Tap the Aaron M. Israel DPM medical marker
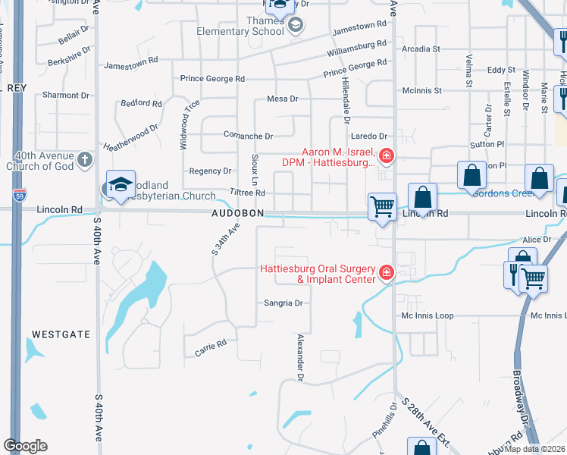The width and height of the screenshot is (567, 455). pyautogui.click(x=386, y=156)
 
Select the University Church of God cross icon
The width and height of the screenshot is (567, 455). pyautogui.click(x=84, y=160)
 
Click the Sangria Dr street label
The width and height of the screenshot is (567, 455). pyautogui.click(x=283, y=303)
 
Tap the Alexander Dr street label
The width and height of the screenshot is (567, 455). pyautogui.click(x=301, y=356)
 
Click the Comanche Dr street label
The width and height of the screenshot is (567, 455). pyautogui.click(x=248, y=136)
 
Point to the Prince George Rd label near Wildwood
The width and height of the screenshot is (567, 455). pyautogui.click(x=212, y=78)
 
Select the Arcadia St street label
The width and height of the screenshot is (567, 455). pyautogui.click(x=422, y=49)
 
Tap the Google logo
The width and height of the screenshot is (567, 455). pyautogui.click(x=25, y=445)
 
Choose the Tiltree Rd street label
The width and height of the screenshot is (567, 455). pyautogui.click(x=248, y=193)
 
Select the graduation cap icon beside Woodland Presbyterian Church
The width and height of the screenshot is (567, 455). pyautogui.click(x=120, y=185)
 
